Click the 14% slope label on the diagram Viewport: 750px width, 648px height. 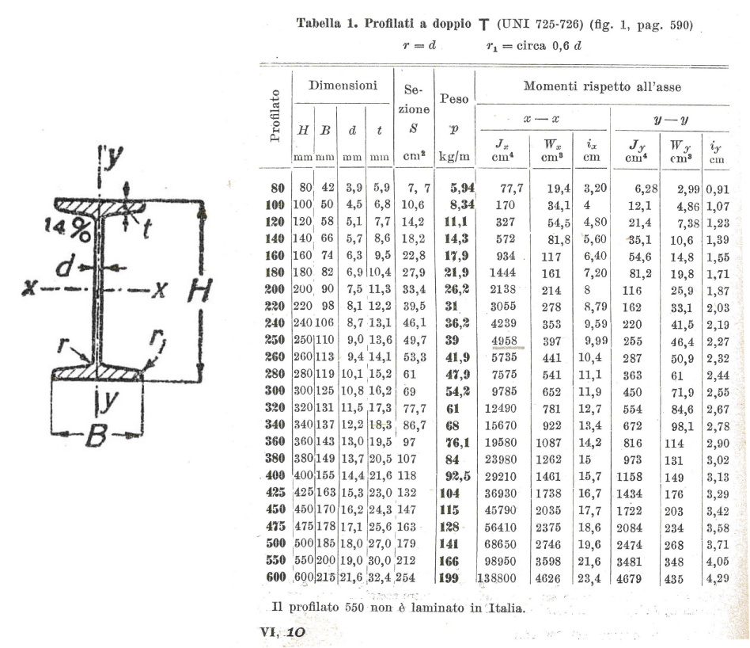pos(67,229)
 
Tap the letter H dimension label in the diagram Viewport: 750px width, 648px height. pos(199,290)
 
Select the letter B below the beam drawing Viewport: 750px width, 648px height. pos(96,436)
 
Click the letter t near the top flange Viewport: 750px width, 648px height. pos(147,228)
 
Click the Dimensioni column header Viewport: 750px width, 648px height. pos(343,86)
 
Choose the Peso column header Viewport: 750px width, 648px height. pos(454,99)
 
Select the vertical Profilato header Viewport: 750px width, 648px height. pos(275,116)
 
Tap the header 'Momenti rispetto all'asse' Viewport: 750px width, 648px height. pos(602,86)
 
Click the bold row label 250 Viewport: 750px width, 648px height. pos(275,340)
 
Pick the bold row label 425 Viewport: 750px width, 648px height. pos(275,493)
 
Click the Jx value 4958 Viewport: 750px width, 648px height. pos(504,341)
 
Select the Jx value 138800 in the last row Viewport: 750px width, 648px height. pos(497,578)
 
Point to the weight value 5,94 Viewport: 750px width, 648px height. pos(462,188)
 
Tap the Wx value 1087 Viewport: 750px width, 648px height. pos(548,443)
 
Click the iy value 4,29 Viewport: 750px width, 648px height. pos(718,578)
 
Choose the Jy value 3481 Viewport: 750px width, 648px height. pos(629,562)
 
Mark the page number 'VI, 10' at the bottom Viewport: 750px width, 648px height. pos(282,632)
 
